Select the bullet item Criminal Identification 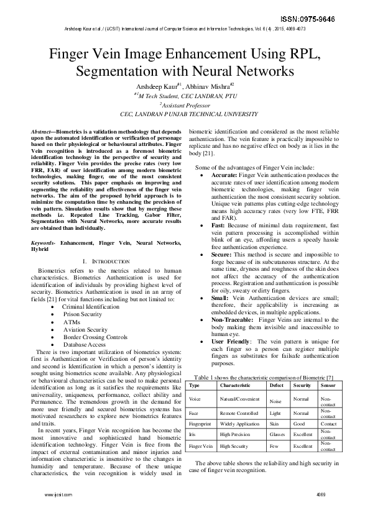90,307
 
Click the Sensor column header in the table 328,385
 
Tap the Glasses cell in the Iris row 278,435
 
